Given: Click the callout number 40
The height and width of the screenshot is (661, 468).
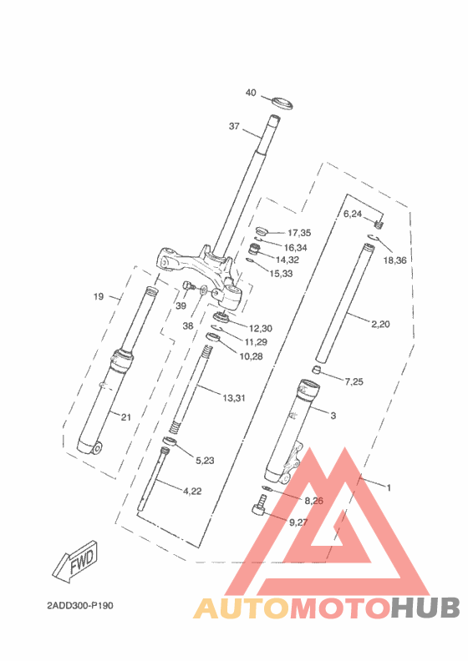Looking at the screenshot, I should tap(251, 93).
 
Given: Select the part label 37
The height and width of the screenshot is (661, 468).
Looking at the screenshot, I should tap(234, 127).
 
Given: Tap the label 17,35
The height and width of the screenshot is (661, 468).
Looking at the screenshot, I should tap(299, 233).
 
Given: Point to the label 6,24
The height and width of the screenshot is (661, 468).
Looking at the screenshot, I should tap(353, 214).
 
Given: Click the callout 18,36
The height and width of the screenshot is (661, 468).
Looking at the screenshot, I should tap(395, 260).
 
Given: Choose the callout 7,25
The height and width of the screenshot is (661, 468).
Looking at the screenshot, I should tap(354, 381).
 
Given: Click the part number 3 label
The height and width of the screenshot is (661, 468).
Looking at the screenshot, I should tap(333, 415).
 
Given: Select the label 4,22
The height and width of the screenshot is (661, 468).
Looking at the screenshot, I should tap(192, 491).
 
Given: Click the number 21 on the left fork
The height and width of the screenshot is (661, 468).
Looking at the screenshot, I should tap(126, 417).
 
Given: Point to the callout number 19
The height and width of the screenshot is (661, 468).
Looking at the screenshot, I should tap(99, 296).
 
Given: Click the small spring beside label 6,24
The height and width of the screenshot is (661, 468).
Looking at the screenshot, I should tap(379, 222).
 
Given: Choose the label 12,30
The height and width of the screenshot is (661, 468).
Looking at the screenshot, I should tap(259, 328).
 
